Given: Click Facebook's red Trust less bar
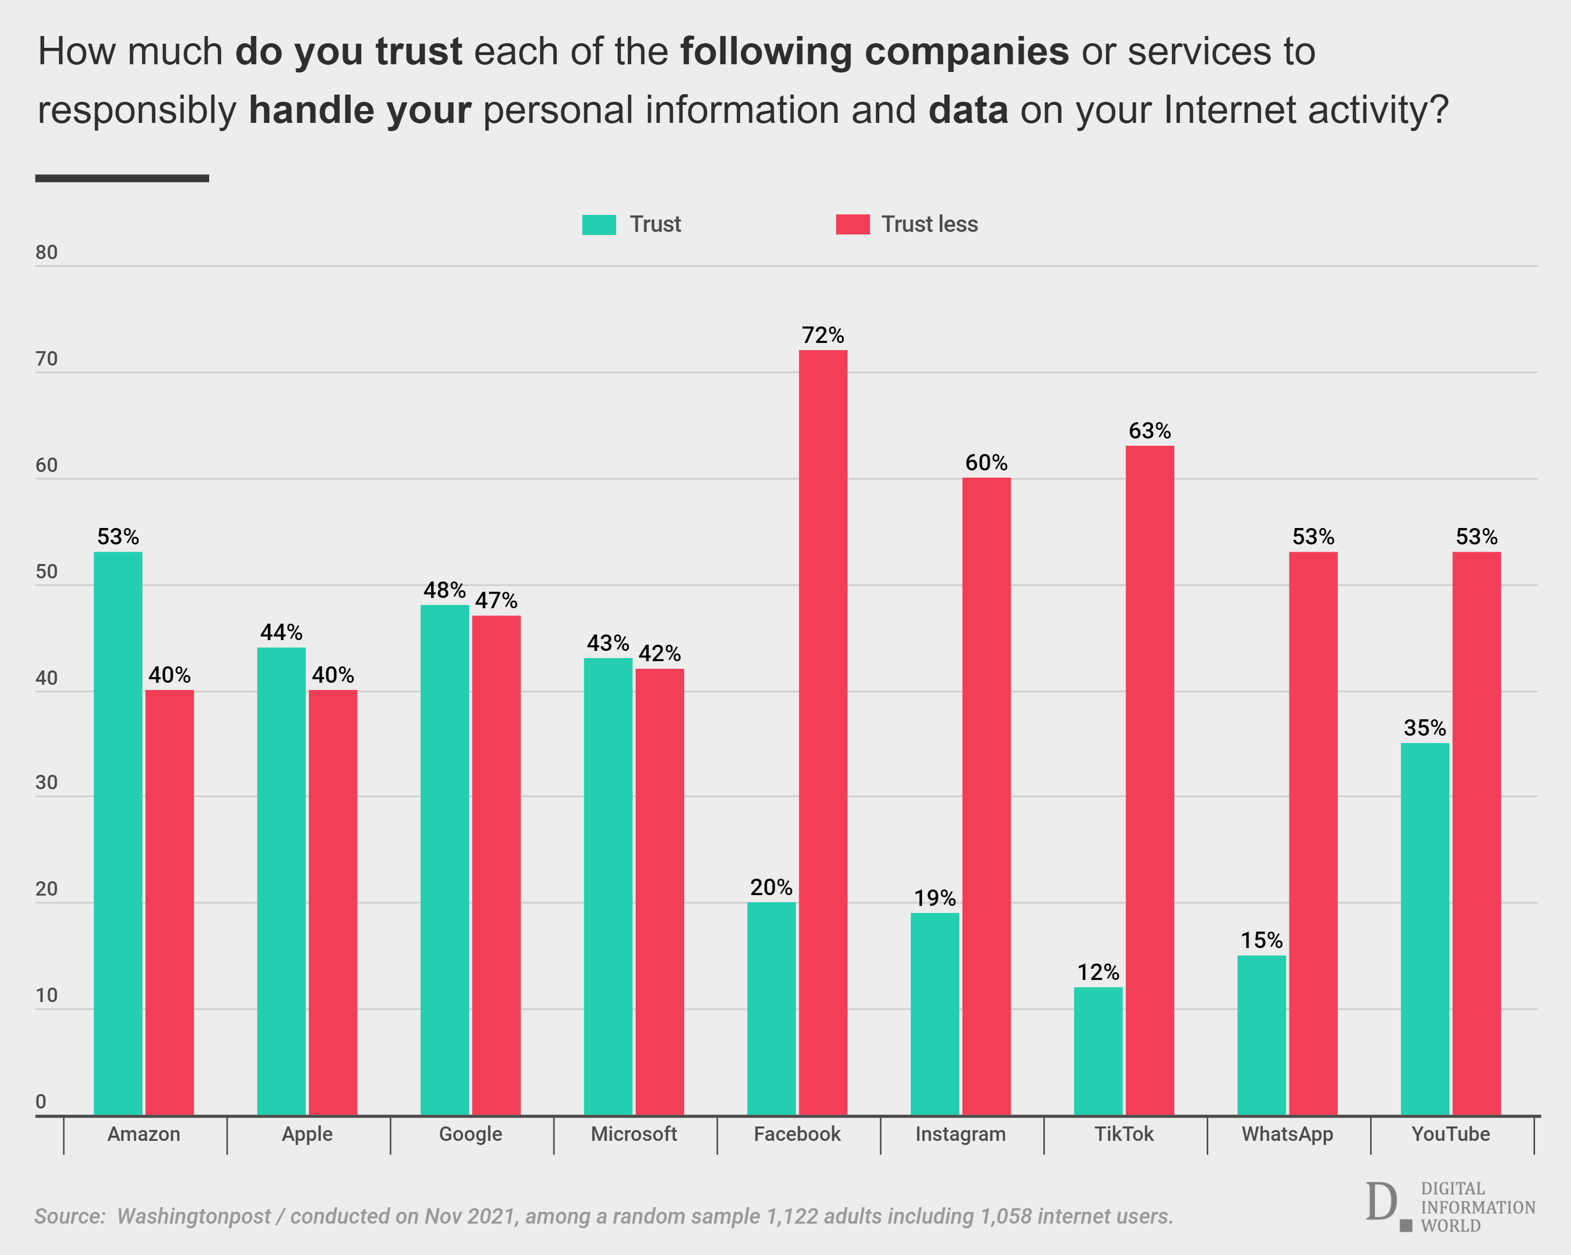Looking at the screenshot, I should pyautogui.click(x=823, y=733).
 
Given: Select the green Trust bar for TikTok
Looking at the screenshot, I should pyautogui.click(x=1098, y=1051).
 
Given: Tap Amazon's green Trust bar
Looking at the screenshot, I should pyautogui.click(x=118, y=833).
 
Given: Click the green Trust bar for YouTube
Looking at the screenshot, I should pyautogui.click(x=1425, y=929).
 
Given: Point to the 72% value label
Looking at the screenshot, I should pyautogui.click(x=823, y=335).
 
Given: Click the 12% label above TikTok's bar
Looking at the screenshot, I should pyautogui.click(x=1098, y=972).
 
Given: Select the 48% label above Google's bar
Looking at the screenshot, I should pyautogui.click(x=445, y=590).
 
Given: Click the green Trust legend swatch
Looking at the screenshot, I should pyautogui.click(x=599, y=225).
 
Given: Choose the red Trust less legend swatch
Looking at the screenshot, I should pyautogui.click(x=853, y=225).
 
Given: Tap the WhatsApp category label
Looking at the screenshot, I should pyautogui.click(x=1287, y=1134).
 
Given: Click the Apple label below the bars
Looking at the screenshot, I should pyautogui.click(x=307, y=1134).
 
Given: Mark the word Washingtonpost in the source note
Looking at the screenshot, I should pyautogui.click(x=193, y=1216).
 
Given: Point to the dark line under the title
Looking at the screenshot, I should pyautogui.click(x=122, y=178).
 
